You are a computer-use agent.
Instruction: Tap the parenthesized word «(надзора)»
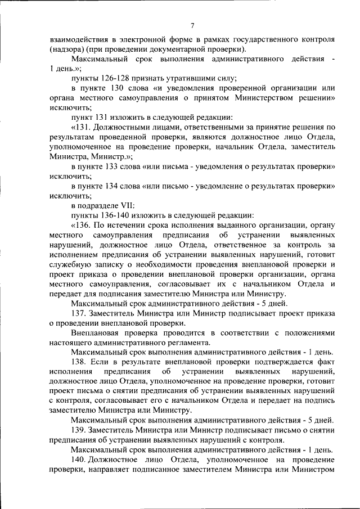[x=66, y=49]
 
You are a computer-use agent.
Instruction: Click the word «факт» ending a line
[x=326, y=363]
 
